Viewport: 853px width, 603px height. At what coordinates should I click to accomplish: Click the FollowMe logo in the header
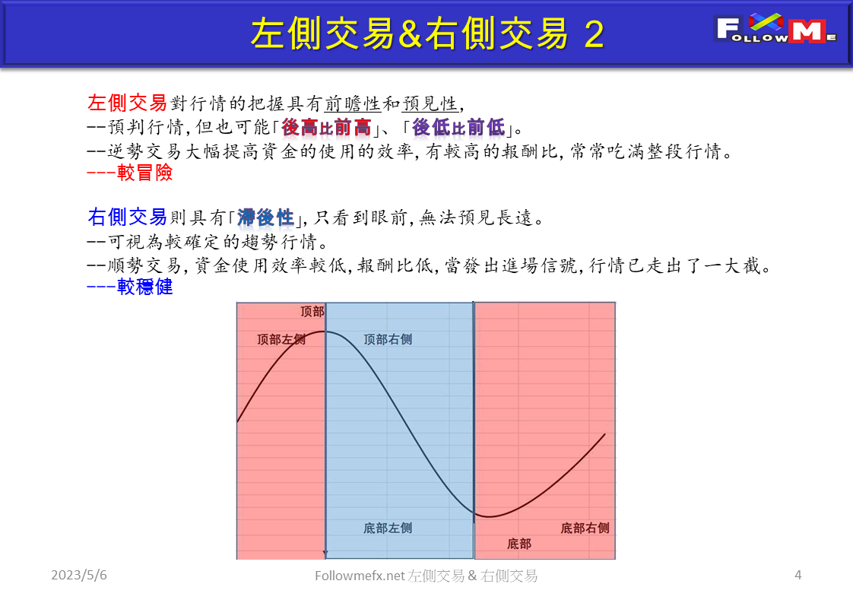pyautogui.click(x=775, y=30)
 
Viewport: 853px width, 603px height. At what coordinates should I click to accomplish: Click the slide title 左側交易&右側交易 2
pyautogui.click(x=427, y=34)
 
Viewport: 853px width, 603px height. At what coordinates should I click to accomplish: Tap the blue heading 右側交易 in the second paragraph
pyautogui.click(x=127, y=217)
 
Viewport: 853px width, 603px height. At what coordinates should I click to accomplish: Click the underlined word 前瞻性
pyautogui.click(x=352, y=103)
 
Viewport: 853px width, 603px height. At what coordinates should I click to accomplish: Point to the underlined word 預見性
pyautogui.click(x=430, y=103)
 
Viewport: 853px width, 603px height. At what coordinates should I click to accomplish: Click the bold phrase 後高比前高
pyautogui.click(x=325, y=127)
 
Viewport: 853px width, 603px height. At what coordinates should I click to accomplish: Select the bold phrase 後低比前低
pyautogui.click(x=458, y=127)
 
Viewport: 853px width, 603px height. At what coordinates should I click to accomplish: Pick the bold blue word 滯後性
pyautogui.click(x=265, y=218)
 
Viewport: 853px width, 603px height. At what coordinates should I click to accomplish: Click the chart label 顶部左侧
pyautogui.click(x=281, y=340)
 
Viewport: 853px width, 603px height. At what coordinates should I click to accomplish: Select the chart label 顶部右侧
pyautogui.click(x=388, y=339)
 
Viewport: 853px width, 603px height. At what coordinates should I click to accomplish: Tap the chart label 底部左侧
pyautogui.click(x=388, y=528)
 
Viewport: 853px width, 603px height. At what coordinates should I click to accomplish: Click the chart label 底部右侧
pyautogui.click(x=585, y=528)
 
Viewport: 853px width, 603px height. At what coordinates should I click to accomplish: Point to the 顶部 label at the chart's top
pyautogui.click(x=312, y=312)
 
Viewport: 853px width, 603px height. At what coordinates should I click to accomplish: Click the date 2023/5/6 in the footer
pyautogui.click(x=79, y=576)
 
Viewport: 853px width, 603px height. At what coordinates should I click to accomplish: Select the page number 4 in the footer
pyautogui.click(x=798, y=575)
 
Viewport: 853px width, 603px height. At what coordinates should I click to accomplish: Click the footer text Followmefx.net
pyautogui.click(x=360, y=576)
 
